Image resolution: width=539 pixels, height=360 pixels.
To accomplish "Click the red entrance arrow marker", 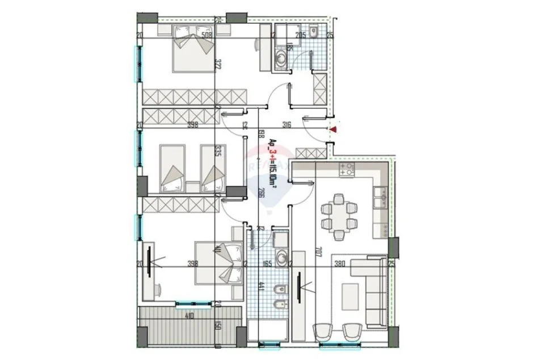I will click(334, 130).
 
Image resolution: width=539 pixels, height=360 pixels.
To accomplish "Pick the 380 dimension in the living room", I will click(339, 263).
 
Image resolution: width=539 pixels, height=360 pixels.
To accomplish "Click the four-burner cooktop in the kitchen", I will click(347, 169).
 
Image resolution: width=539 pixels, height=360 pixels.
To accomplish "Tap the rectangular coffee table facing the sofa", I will click(349, 296).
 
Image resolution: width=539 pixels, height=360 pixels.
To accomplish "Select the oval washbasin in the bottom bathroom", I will click(281, 259).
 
